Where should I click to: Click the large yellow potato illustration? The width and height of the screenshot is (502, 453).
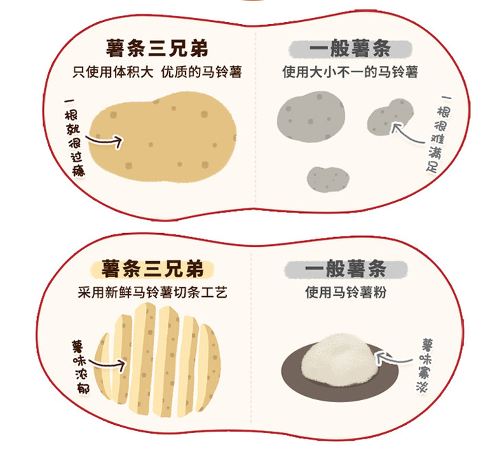point(163,137)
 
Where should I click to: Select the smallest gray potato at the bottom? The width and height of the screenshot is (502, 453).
point(328,179)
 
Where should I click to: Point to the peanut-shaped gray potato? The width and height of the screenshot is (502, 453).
point(390,117)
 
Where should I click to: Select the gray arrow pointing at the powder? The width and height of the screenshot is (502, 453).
point(395,358)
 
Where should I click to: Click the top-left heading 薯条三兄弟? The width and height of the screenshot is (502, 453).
point(157,49)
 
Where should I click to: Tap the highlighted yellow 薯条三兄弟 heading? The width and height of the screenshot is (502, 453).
point(153,269)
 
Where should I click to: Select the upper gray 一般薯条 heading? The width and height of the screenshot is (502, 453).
point(350,49)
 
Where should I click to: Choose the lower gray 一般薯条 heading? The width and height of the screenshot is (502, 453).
point(346,269)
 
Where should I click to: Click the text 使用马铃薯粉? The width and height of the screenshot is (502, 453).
point(346,292)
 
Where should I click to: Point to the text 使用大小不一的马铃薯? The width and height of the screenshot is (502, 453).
point(350,71)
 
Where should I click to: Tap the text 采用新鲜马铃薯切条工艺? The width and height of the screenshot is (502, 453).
point(153,292)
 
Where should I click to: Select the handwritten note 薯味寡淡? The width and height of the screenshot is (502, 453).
point(424,365)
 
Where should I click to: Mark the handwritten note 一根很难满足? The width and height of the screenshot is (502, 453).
point(439,135)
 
